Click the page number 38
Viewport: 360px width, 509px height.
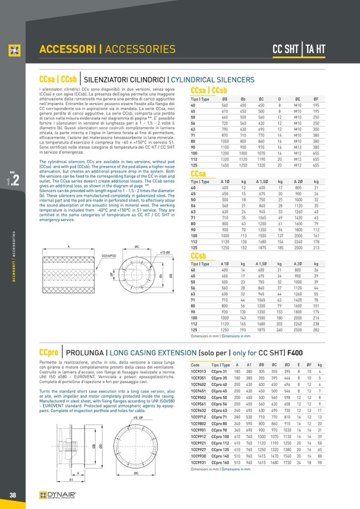pos(12,495)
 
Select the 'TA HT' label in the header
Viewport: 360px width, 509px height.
pos(314,50)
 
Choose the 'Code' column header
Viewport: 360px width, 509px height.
pos(195,366)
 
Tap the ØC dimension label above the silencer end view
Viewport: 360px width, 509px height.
pos(136,246)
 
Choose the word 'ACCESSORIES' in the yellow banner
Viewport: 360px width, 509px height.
pos(140,50)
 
